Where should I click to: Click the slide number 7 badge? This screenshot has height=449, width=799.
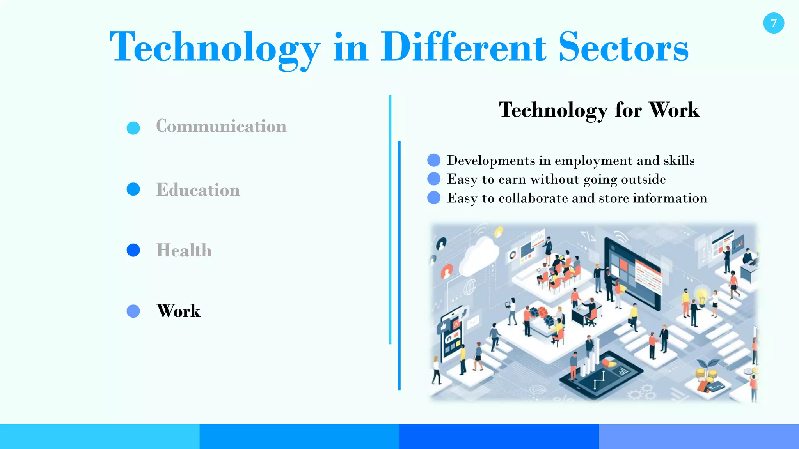pyautogui.click(x=773, y=23)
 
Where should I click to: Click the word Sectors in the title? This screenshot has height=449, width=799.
pyautogui.click(x=623, y=48)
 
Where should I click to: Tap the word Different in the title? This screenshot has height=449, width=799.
pyautogui.click(x=463, y=48)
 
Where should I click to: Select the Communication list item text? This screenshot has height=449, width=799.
pyautogui.click(x=221, y=126)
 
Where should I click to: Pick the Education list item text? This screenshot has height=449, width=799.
pyautogui.click(x=198, y=190)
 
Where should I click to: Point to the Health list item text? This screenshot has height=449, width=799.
pyautogui.click(x=184, y=250)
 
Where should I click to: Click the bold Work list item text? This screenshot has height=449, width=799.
pyautogui.click(x=178, y=311)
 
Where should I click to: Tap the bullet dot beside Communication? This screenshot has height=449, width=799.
pyautogui.click(x=133, y=128)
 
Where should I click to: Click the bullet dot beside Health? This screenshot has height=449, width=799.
pyautogui.click(x=133, y=250)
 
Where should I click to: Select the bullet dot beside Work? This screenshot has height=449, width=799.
pyautogui.click(x=133, y=311)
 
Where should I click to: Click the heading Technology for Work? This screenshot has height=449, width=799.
pyautogui.click(x=599, y=110)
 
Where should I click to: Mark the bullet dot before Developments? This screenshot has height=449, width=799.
pyautogui.click(x=434, y=160)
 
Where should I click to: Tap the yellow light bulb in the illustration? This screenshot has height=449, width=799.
pyautogui.click(x=702, y=295)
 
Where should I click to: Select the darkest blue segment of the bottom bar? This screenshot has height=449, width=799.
pyautogui.click(x=499, y=437)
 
